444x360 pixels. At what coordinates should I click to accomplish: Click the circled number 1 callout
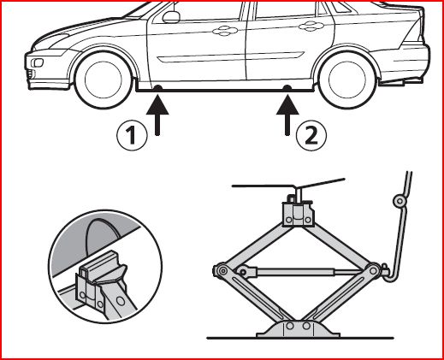click(x=132, y=135)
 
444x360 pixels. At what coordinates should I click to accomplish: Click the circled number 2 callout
click(x=311, y=135)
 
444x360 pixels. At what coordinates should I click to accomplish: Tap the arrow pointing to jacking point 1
click(x=157, y=115)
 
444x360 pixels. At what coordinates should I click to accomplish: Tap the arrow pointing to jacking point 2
click(x=287, y=115)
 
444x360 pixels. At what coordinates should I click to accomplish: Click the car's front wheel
click(x=104, y=80)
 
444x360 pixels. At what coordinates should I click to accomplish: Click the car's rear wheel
click(x=347, y=80)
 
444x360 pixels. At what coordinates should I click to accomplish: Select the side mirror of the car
click(x=171, y=17)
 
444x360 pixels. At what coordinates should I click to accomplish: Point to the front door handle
click(x=225, y=31)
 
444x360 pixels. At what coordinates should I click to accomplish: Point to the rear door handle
click(x=311, y=27)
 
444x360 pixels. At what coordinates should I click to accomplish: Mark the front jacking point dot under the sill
click(x=157, y=88)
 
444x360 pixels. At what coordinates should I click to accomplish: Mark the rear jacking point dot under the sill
click(x=287, y=88)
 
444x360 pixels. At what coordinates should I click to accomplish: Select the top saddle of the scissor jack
click(x=299, y=213)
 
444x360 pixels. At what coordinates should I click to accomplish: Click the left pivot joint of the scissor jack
click(x=222, y=270)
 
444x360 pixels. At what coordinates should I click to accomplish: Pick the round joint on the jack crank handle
click(x=400, y=201)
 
